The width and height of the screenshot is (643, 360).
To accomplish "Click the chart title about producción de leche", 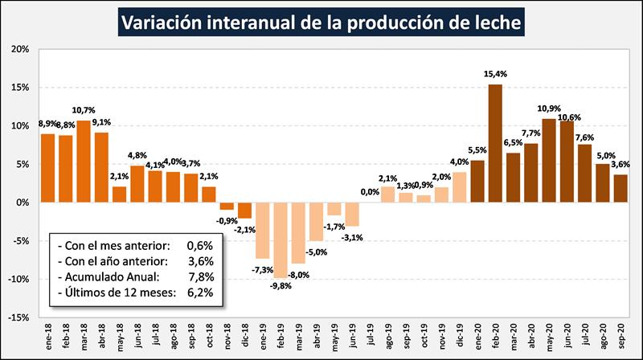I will tap(321, 21).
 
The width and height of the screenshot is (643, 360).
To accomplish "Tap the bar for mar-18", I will tap(84, 161).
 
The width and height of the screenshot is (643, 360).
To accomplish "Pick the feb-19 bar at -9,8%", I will tap(281, 239).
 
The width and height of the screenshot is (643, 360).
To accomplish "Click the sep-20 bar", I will tap(621, 188).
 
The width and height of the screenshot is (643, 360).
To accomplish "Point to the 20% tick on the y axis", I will tap(19, 49).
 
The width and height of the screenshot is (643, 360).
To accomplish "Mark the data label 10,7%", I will tap(84, 110).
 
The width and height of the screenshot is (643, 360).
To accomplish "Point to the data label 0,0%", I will tap(370, 192).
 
